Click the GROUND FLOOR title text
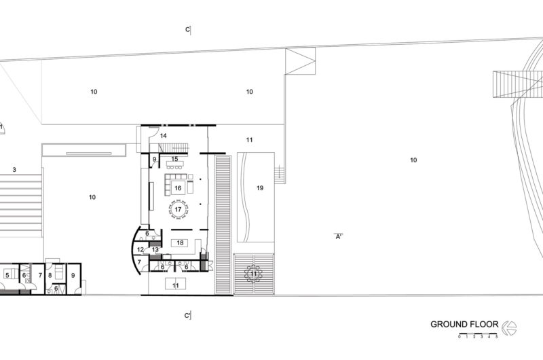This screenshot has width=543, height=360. [x=464, y=324]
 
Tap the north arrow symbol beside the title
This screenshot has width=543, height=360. [x=510, y=328]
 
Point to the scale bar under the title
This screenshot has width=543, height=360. [x=478, y=334]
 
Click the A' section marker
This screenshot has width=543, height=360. [x=339, y=236]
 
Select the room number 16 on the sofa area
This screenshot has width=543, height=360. [x=178, y=188]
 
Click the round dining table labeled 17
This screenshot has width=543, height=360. [x=178, y=209]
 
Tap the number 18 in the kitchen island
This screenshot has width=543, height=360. [x=180, y=243]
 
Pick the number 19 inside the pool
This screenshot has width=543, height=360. [x=260, y=188]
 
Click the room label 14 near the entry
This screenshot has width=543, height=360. [x=164, y=136]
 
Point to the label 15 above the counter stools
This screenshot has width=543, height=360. [x=175, y=159]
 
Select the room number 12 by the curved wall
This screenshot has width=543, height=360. [x=141, y=249]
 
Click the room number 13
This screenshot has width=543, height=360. [x=155, y=249]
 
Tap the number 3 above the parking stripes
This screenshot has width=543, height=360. [x=14, y=170]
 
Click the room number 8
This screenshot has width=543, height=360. [x=50, y=276]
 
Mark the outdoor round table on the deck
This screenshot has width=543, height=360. [x=254, y=274]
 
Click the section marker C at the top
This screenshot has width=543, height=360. [x=188, y=30]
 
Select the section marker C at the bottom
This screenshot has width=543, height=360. [x=187, y=316]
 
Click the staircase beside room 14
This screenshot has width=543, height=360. [x=174, y=148]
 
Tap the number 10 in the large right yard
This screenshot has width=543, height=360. [x=413, y=160]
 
